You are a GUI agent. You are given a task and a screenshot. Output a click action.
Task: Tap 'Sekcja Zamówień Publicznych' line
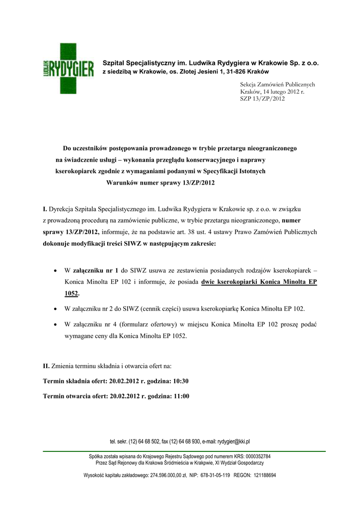(278, 84)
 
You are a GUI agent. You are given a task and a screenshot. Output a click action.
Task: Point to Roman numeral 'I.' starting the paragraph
(45, 209)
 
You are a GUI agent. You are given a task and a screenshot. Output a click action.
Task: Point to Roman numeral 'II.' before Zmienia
(46, 366)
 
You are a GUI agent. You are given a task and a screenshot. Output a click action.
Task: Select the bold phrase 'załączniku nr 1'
(95, 270)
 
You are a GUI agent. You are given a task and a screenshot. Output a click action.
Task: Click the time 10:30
(178, 381)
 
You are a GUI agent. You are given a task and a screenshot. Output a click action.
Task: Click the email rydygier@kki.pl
(233, 441)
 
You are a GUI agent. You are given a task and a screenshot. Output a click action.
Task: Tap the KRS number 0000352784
(254, 456)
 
